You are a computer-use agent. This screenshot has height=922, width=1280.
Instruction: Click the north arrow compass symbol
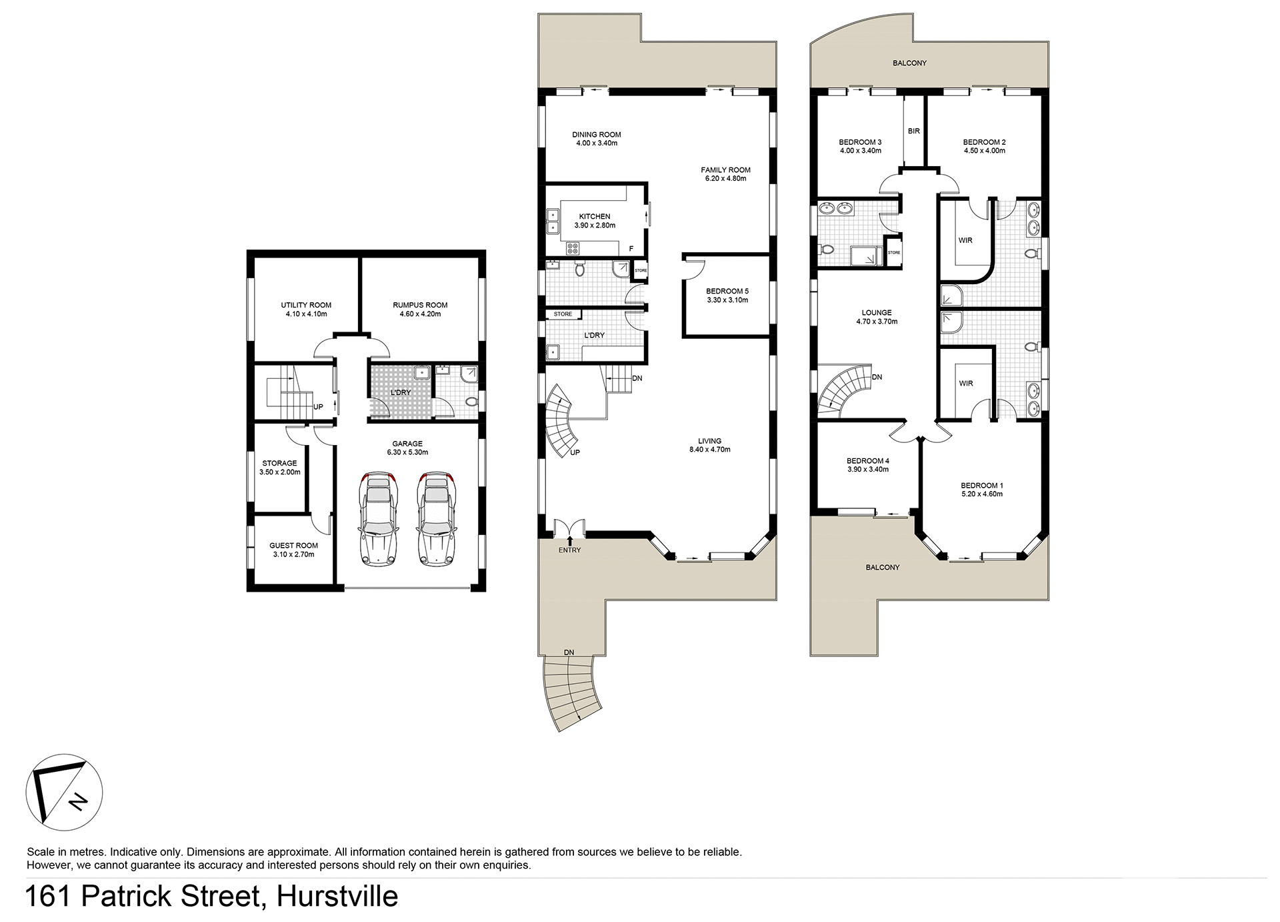[64, 792]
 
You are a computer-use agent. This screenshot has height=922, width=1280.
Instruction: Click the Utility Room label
[306, 305]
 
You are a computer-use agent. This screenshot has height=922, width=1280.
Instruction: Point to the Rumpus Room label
[420, 305]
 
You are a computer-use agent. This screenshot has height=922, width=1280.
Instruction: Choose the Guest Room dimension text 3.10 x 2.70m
[293, 554]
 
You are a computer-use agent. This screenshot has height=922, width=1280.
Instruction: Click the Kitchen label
[594, 216]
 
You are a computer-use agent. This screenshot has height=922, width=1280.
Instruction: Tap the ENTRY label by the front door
[570, 550]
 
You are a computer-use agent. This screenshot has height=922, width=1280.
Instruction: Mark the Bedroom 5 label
[727, 291]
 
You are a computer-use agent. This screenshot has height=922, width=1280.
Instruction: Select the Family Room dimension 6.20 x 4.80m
[725, 179]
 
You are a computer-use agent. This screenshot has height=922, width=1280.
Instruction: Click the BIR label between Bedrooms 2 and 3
[913, 131]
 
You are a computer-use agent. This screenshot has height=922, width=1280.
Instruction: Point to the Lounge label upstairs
[876, 312]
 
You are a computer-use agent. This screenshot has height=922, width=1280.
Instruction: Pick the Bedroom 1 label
[981, 485]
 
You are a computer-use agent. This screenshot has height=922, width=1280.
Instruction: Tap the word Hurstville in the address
[337, 896]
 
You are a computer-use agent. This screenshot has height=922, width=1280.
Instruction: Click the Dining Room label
[596, 134]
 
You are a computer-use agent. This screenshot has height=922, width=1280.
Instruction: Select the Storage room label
[279, 463]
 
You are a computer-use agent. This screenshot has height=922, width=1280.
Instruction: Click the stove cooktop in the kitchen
[572, 249]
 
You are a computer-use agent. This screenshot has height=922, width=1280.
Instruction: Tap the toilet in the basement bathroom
[471, 402]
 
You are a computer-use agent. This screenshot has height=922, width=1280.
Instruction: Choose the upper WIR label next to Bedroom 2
[965, 240]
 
